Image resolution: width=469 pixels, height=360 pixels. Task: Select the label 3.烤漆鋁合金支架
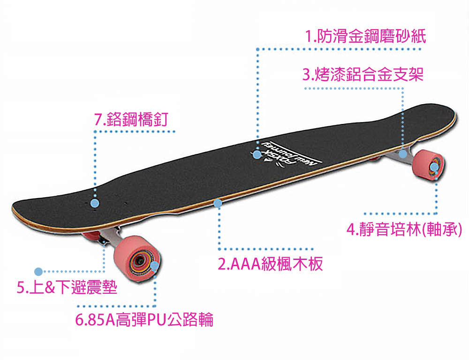(363, 74)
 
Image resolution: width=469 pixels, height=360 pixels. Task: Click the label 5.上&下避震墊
(67, 287)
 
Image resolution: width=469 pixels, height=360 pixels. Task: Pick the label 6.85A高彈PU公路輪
(144, 320)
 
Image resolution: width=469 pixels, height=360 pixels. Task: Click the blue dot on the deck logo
(257, 154)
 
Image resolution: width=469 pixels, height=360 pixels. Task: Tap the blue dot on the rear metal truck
(402, 153)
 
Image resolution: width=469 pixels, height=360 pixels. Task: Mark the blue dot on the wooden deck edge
(218, 203)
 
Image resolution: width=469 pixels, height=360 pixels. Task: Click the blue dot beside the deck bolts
(95, 203)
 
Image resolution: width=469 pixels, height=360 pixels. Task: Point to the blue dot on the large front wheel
(155, 266)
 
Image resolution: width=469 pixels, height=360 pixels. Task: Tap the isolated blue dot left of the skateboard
(39, 271)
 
